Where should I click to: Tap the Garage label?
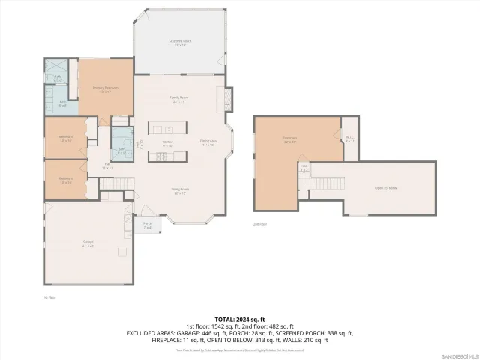pos(88,242)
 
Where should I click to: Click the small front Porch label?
pos(148,224)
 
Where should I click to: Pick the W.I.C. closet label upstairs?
pos(349,138)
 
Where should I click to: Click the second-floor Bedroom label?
pos(290,139)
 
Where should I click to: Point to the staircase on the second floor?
pos(328,184)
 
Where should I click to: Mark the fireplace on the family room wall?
pos(221,97)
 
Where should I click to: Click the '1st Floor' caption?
pos(50,297)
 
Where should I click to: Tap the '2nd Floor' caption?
pos(259,223)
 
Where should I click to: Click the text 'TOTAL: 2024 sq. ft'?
pos(239,318)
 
